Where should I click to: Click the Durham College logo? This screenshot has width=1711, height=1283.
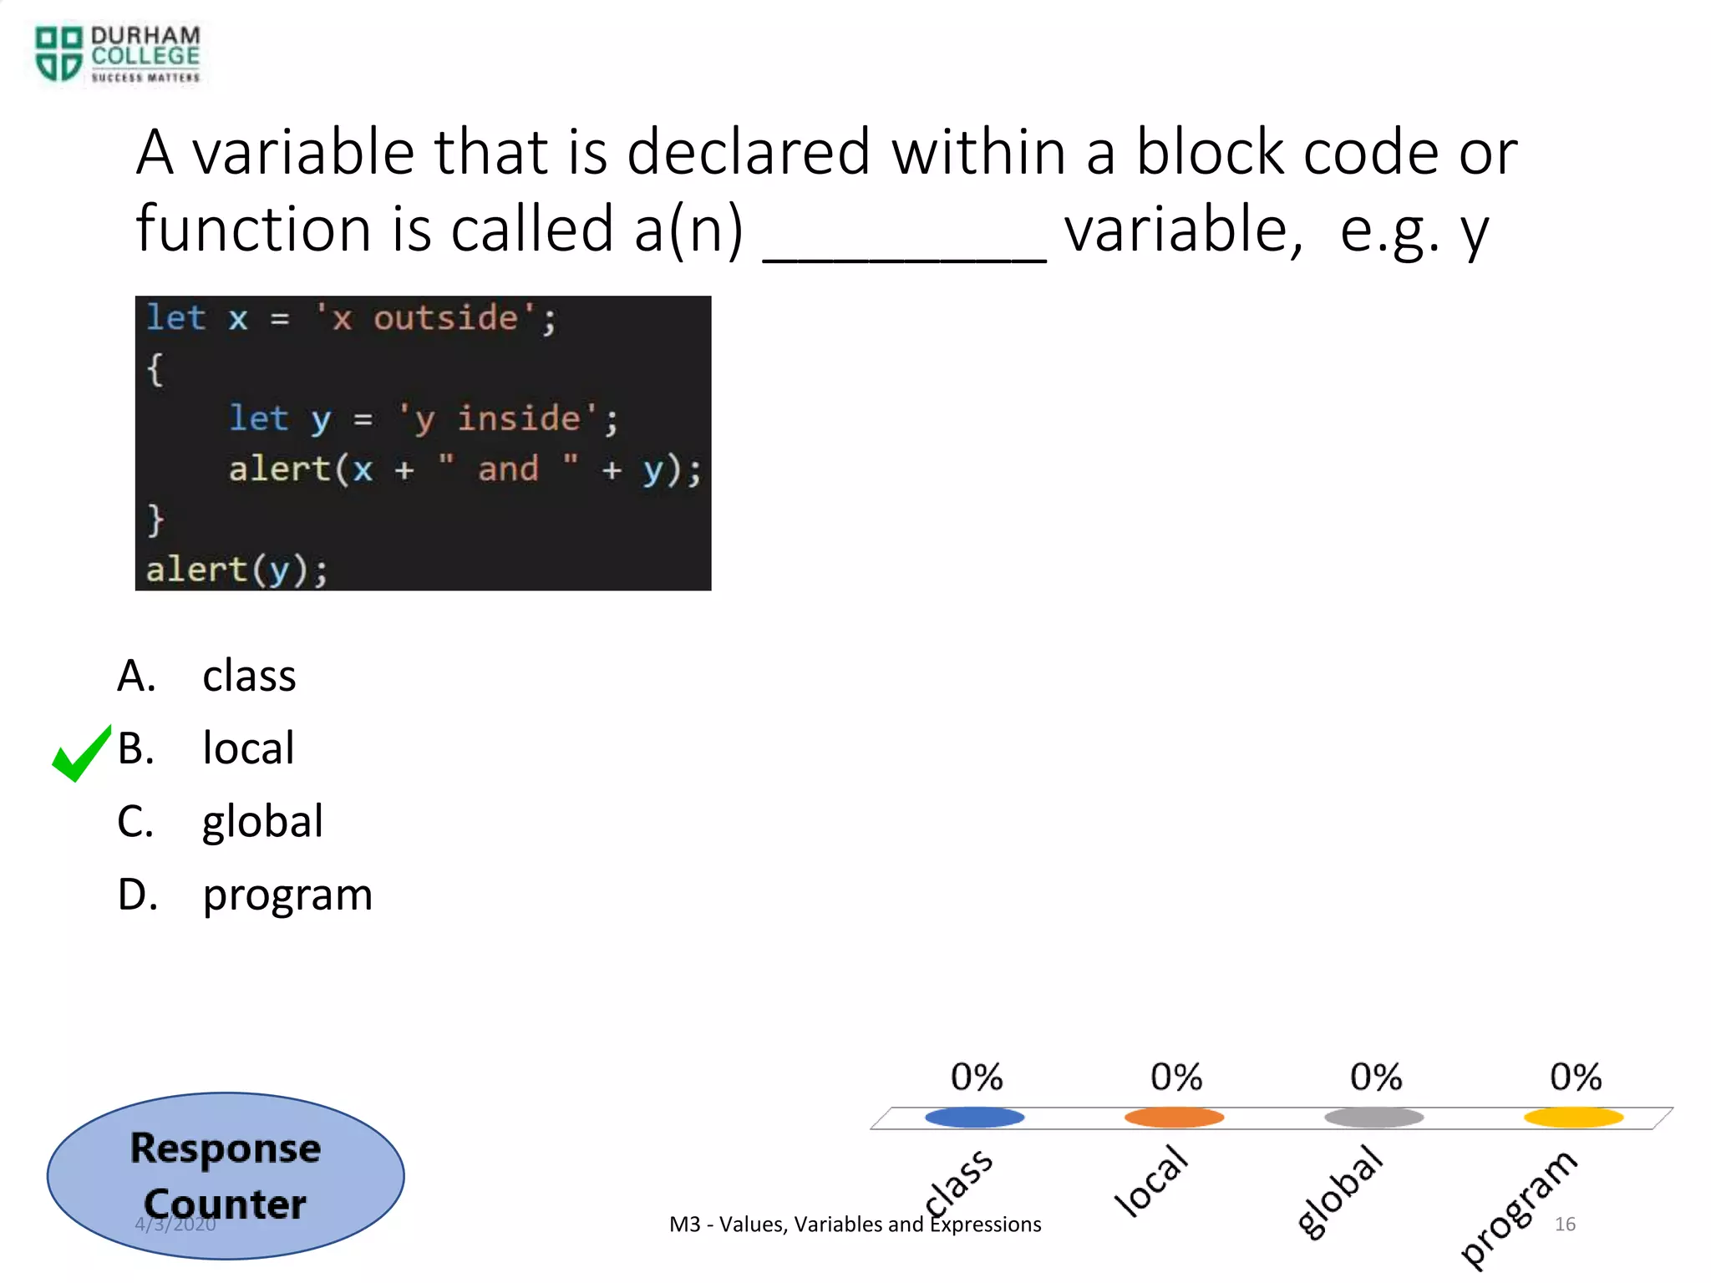tap(117, 53)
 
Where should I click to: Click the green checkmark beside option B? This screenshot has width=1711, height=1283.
tap(81, 753)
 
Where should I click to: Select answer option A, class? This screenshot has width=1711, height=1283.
tap(248, 676)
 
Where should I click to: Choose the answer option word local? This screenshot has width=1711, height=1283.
tap(248, 748)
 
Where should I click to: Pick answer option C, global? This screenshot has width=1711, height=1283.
tap(262, 821)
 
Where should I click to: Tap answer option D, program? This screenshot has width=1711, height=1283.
tap(287, 895)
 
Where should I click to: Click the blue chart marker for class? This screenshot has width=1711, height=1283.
tap(974, 1117)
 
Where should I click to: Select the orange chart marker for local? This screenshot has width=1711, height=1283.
tap(1174, 1117)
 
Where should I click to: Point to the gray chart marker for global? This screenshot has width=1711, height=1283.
tap(1373, 1117)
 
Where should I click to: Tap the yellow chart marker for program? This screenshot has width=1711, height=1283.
tap(1573, 1117)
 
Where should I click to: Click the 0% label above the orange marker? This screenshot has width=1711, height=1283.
tap(1175, 1077)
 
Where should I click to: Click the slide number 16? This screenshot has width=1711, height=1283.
tap(1565, 1224)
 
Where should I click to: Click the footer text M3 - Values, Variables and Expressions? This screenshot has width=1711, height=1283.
tap(855, 1225)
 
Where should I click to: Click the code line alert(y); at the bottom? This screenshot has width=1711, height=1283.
tap(236, 570)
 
